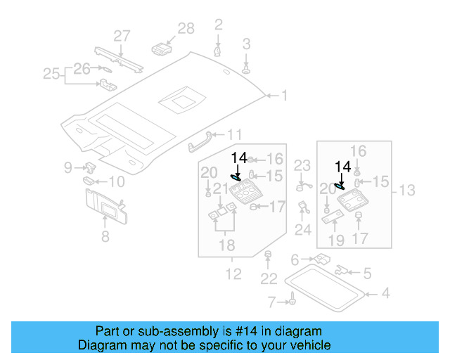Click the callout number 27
coord(122,36)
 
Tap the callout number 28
coord(186,28)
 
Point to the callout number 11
coord(234,134)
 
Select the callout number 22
coord(269,279)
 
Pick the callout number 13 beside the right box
coord(407,190)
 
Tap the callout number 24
coord(302,230)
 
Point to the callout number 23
coord(302,166)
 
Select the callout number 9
coord(68,167)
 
